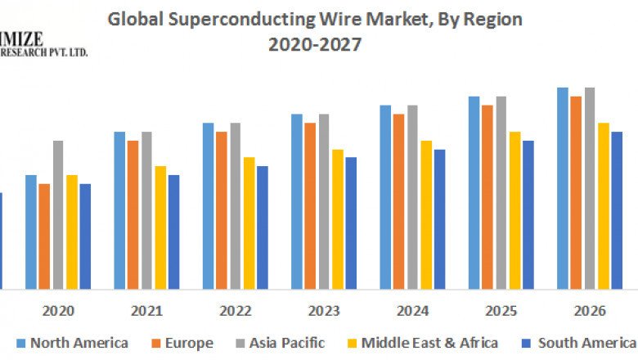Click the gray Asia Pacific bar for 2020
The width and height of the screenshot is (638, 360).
coord(58,214)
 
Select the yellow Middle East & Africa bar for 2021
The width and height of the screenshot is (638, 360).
coord(160,227)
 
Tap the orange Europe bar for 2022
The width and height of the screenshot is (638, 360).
coord(222,209)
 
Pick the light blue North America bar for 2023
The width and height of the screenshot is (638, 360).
coord(297,201)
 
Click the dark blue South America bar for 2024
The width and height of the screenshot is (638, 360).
coord(439,219)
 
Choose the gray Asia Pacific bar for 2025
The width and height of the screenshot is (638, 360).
coord(501,192)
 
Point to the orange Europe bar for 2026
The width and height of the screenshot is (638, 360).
coord(576,192)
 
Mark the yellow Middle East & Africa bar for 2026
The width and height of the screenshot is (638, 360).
coord(604,205)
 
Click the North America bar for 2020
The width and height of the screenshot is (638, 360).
coord(31,232)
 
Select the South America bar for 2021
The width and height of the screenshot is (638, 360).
coord(174,232)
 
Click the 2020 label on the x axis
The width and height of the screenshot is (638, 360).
coord(58,312)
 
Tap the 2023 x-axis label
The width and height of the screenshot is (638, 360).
coord(324,312)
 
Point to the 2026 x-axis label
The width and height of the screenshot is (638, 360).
coord(590,312)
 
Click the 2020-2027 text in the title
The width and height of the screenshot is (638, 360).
coord(315,44)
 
